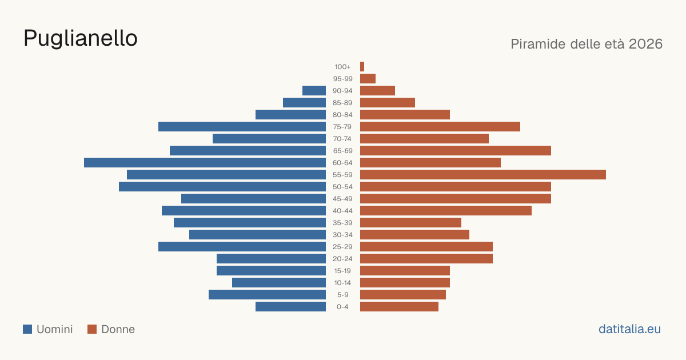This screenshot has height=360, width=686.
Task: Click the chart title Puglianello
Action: (x=81, y=38)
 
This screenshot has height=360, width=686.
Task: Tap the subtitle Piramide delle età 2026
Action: (x=587, y=44)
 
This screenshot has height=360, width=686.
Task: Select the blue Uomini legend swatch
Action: (x=27, y=329)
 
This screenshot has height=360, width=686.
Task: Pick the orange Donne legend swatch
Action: (x=92, y=329)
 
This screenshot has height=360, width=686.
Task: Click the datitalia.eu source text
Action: (x=629, y=329)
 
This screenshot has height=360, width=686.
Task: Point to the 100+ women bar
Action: (x=362, y=66)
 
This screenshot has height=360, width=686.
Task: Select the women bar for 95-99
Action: (x=368, y=79)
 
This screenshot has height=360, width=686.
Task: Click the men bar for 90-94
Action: (x=314, y=91)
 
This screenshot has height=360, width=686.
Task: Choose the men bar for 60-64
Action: (x=205, y=162)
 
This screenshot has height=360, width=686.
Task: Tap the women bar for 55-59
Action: (x=483, y=174)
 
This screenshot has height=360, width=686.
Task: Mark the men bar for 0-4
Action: (x=290, y=306)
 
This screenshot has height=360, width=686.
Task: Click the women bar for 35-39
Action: (x=410, y=222)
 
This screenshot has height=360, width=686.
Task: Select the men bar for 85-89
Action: (x=304, y=102)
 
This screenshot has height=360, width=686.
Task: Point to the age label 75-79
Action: (x=342, y=127)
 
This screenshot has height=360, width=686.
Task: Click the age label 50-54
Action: (x=342, y=187)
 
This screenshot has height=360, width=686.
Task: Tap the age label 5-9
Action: (x=342, y=295)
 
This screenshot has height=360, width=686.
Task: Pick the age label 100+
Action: (x=342, y=67)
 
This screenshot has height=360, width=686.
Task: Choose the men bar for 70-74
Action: (x=269, y=139)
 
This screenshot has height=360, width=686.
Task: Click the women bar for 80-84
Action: (x=405, y=114)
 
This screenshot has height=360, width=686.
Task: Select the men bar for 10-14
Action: (x=279, y=282)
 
